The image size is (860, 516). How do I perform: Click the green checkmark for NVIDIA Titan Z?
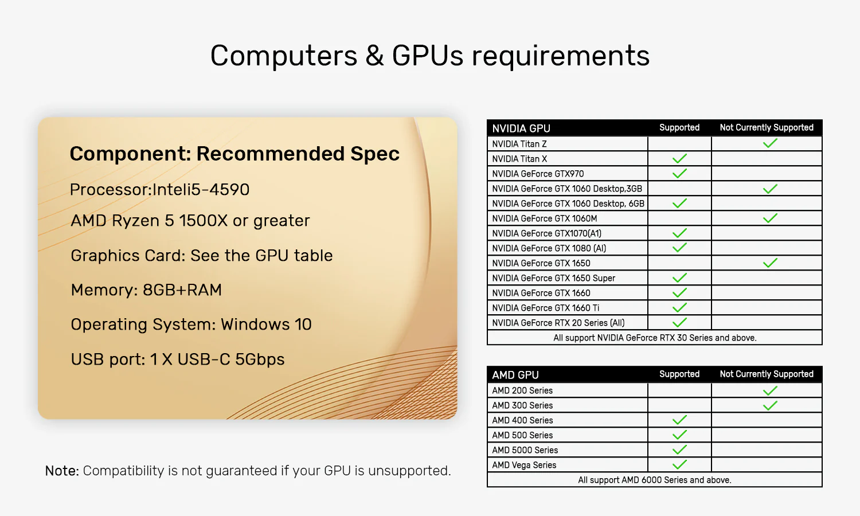770,143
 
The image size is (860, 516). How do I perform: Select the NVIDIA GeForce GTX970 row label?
538,174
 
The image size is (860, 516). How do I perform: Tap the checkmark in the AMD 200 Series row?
770,391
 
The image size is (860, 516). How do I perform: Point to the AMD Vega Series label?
524,465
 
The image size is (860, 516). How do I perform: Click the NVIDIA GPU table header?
521,128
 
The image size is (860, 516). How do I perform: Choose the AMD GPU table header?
515,375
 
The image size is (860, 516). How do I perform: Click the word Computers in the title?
284,56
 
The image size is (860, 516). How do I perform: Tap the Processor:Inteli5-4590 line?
160,190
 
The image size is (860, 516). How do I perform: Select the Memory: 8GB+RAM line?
146,290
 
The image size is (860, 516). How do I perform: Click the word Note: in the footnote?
62,471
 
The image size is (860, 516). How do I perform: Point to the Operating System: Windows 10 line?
191,325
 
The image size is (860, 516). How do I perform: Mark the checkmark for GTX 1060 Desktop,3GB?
770,189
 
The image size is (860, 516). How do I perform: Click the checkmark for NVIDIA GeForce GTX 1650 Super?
679,277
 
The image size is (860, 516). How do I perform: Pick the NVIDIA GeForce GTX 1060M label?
545,218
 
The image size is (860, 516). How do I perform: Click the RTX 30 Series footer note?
655,338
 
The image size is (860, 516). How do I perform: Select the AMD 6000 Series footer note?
655,480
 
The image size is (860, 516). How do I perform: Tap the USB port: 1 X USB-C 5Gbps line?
178,359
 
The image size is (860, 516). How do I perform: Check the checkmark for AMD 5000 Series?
679,449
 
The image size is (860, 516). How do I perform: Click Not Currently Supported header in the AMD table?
767,374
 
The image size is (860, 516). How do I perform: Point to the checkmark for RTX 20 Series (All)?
679,322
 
